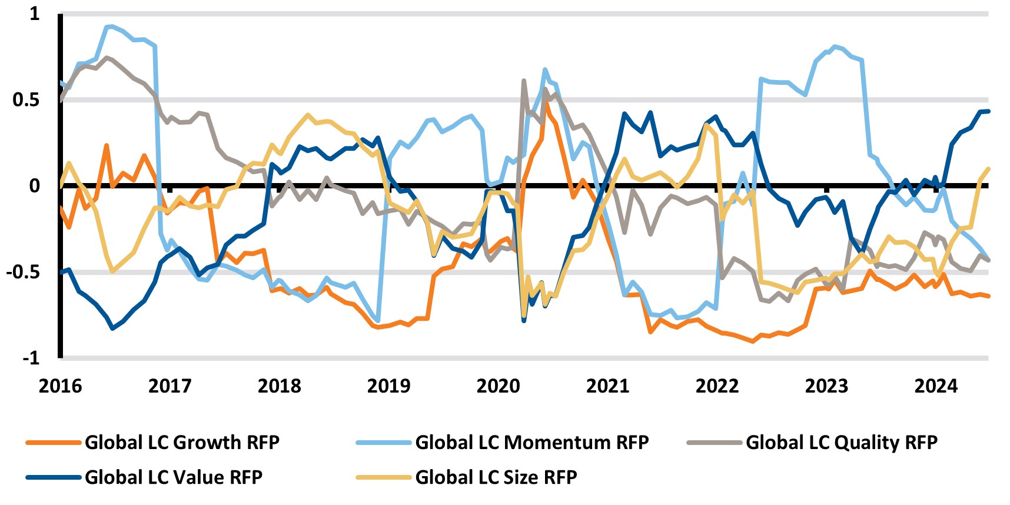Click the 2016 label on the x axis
60,386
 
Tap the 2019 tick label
388,386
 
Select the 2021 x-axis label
607,386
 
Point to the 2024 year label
936,386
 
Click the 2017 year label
170,386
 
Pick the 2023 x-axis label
826,386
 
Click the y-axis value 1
34,14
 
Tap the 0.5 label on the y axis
26,99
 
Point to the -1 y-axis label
31,358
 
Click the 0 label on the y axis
35,186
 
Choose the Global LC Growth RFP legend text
182,442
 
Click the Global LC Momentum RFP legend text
531,442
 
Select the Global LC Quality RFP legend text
841,442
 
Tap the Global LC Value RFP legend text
174,477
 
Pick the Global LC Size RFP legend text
496,477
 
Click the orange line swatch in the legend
53,443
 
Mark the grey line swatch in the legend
714,443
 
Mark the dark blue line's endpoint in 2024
988,111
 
